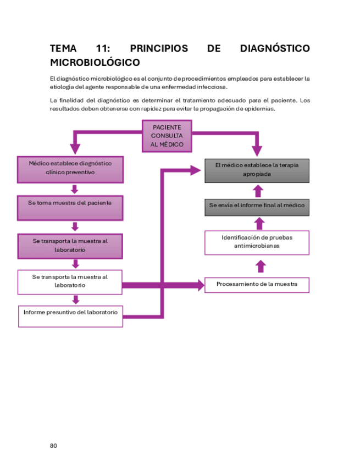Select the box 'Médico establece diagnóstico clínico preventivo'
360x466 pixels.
pos(70,169)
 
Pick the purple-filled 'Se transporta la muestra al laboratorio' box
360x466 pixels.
pos(70,246)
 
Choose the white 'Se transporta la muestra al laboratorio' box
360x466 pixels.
pos(70,281)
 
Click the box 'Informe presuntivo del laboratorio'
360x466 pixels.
pos(70,316)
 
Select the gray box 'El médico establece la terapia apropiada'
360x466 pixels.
pos(257,170)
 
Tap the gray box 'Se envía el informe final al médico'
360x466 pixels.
pos(257,207)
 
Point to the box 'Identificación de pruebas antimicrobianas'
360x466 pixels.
pos(257,242)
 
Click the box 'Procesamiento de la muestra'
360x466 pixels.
pos(257,285)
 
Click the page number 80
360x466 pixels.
pos(53,446)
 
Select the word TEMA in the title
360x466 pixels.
pos(63,49)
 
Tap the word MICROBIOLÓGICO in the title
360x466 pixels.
pos(95,63)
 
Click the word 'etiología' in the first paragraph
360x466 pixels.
pos(62,87)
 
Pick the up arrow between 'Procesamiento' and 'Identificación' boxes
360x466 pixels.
pos(261,267)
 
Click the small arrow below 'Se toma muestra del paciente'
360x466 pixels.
pos(75,226)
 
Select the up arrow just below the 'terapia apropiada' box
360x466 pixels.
pos(258,191)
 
